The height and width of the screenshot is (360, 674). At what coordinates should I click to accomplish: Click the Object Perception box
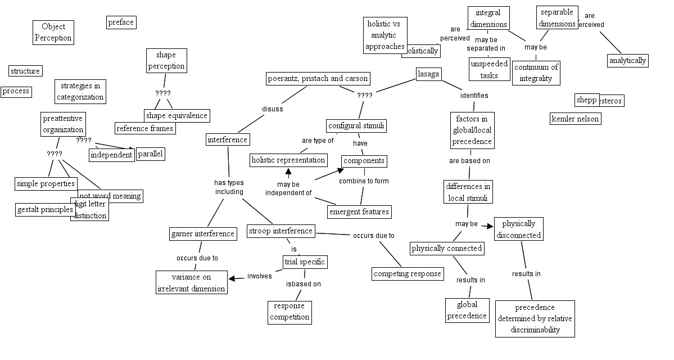coord(53,32)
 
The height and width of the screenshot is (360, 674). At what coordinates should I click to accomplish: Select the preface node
coord(121,22)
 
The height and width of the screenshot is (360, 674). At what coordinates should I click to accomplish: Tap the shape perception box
coord(166,60)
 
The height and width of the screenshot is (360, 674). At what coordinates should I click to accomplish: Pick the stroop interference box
coord(281,231)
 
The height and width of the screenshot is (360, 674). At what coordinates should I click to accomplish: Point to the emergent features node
coord(359,211)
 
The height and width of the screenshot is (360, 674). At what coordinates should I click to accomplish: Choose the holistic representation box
coord(288,160)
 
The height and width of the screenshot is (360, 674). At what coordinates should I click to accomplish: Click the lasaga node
coord(428,74)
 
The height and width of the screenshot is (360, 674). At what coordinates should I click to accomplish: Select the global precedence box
coord(467,310)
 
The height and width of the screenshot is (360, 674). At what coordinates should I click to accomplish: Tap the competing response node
coord(408,274)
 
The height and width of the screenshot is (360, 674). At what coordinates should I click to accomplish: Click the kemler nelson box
coord(575,119)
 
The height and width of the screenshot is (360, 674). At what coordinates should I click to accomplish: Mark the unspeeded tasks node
coord(489,69)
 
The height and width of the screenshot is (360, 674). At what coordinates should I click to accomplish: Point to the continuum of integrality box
coord(536,73)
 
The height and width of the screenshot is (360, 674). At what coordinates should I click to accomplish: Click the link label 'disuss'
coord(273,109)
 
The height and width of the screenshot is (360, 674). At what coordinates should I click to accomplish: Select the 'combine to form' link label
coord(364,181)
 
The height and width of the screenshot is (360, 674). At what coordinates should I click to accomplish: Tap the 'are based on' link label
coord(469,160)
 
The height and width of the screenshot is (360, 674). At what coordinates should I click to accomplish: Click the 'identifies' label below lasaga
coord(474,96)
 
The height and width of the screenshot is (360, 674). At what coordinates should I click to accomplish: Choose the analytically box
coord(627,60)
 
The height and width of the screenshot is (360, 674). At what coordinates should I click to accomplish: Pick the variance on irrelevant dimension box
coord(191,282)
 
